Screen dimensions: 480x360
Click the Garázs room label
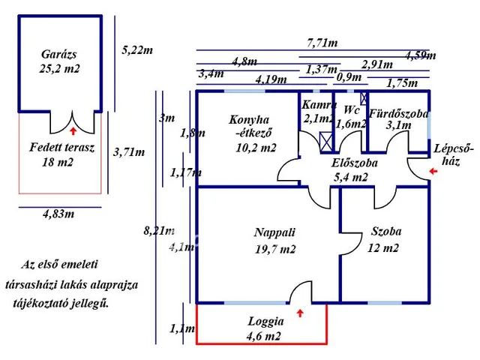(x=58, y=54)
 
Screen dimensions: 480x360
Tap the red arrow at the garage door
(x=73, y=131)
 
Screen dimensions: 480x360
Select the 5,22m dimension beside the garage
(x=137, y=50)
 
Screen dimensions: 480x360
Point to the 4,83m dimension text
(x=58, y=214)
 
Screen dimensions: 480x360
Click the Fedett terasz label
(x=61, y=147)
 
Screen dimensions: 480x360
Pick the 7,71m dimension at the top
(x=322, y=43)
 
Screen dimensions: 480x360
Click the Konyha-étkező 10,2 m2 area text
(x=256, y=148)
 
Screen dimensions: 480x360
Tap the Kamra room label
(x=319, y=105)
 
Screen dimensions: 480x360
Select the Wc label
(x=352, y=109)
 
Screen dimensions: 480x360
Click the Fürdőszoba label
(x=398, y=113)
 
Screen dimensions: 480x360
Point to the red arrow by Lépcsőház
(x=433, y=171)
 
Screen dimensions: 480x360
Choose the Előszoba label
(x=355, y=163)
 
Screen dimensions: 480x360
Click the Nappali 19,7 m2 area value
(x=275, y=249)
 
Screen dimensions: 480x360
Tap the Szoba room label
(x=386, y=231)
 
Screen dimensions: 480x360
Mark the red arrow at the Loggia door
(x=300, y=313)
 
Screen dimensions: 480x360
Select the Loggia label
(x=265, y=322)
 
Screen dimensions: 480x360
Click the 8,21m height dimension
(x=159, y=230)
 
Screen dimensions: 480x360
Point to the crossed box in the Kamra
(x=325, y=142)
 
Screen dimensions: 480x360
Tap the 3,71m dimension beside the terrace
(x=129, y=151)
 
